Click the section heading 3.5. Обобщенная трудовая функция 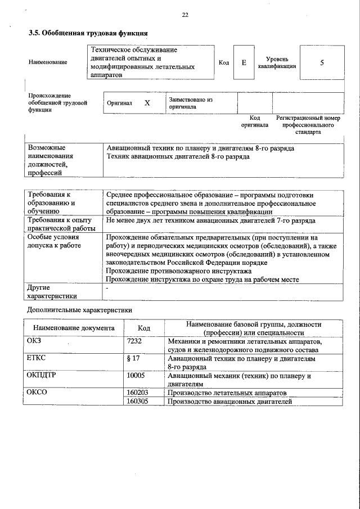(88, 33)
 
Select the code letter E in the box (244, 63)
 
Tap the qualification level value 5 (322, 63)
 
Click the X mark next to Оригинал (147, 103)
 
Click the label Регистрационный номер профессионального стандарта (309, 125)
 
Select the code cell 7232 (135, 341)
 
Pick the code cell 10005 (136, 375)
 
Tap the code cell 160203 (137, 392)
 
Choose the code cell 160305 (137, 402)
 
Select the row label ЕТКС (36, 358)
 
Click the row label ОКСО (37, 392)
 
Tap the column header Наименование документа (73, 328)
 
